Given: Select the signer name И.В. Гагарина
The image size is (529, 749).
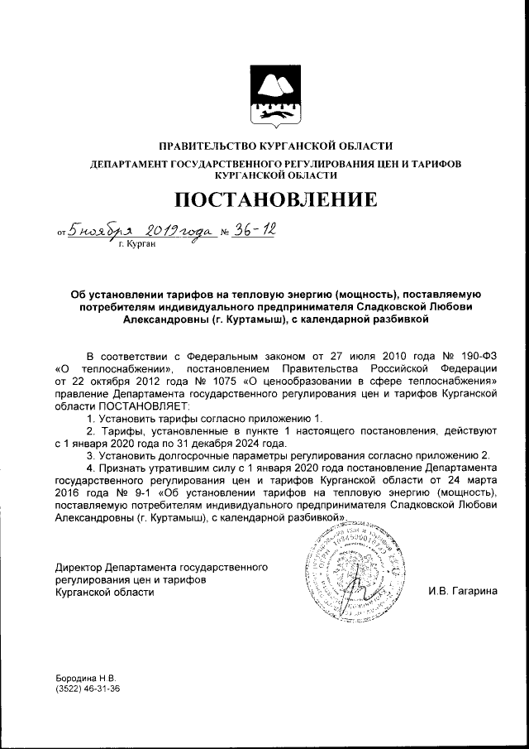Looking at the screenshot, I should pyautogui.click(x=462, y=592).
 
